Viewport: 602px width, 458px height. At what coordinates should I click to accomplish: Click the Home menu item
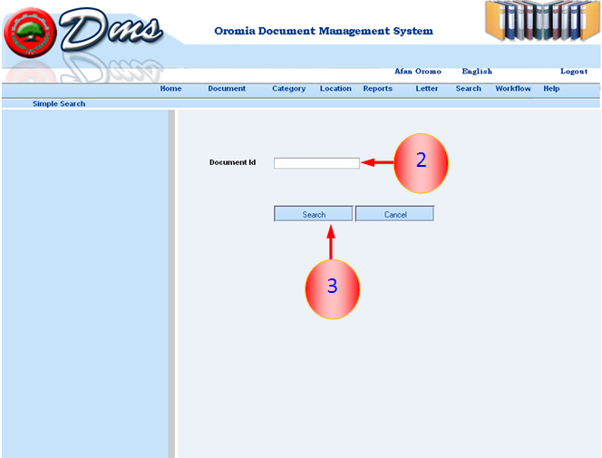[170, 89]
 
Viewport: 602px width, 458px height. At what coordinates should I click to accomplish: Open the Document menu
[227, 89]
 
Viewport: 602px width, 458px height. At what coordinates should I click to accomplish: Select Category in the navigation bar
[288, 89]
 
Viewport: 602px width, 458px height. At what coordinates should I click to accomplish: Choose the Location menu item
[335, 89]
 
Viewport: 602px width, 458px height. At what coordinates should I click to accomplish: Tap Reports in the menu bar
[378, 89]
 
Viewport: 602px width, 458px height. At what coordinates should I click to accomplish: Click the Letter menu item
[426, 89]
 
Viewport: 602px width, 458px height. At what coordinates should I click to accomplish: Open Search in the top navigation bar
[469, 89]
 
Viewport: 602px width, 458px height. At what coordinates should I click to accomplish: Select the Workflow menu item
[513, 89]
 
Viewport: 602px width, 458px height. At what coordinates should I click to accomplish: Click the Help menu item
[551, 89]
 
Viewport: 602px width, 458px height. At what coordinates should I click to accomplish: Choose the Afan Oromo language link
[418, 72]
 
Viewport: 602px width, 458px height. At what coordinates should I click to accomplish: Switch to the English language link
[477, 72]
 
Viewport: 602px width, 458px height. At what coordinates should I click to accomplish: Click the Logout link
[574, 72]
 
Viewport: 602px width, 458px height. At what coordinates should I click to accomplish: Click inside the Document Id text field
[316, 162]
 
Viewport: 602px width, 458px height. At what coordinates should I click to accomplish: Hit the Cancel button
[395, 214]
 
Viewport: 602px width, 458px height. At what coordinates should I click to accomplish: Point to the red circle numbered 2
[422, 163]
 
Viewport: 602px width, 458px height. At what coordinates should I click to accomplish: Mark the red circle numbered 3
[333, 289]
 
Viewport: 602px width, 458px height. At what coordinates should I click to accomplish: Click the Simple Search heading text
[59, 104]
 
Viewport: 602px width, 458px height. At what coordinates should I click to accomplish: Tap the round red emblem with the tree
[30, 34]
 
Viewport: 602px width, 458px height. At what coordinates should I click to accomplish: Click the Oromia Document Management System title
[324, 31]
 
